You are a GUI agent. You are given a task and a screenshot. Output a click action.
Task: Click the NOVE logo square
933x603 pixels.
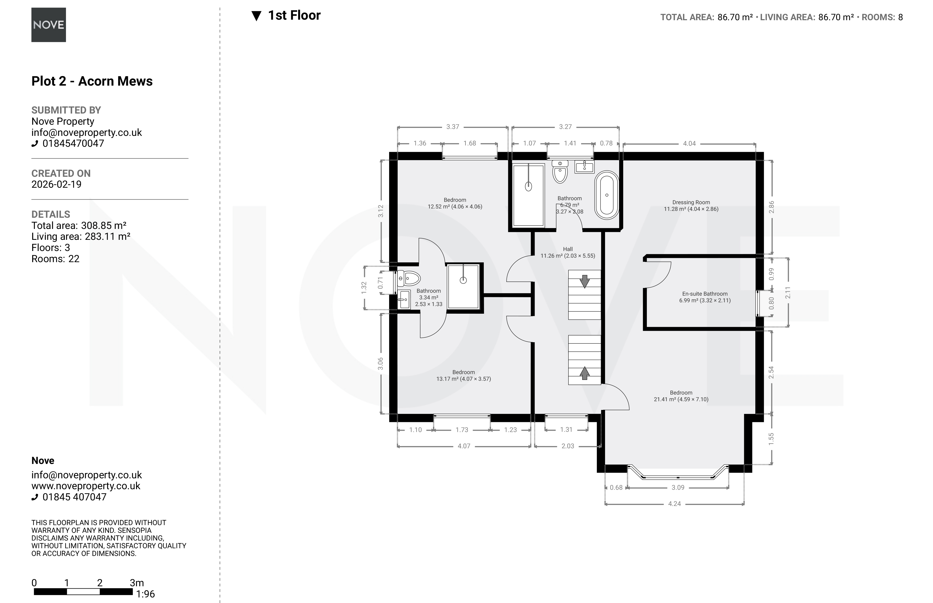pos(49,25)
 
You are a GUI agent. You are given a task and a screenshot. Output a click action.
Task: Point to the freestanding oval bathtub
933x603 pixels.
pos(606,195)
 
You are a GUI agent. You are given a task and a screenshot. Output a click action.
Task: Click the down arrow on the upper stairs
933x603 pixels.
pos(584,281)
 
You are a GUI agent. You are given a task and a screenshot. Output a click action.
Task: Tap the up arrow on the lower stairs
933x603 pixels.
pos(584,373)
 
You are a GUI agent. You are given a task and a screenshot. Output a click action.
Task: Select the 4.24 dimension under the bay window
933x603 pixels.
pos(674,504)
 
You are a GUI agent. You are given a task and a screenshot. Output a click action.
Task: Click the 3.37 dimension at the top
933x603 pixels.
pos(452,127)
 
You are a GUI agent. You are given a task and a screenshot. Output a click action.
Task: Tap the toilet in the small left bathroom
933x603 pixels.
pos(409,278)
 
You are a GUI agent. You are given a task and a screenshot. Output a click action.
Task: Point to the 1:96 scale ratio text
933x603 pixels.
pos(145,594)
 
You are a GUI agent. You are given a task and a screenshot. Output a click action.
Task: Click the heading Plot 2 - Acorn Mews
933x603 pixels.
pos(92,81)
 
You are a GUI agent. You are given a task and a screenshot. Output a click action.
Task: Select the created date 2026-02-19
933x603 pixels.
pos(56,185)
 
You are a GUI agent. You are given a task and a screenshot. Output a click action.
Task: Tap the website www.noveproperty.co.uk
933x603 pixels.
pos(86,486)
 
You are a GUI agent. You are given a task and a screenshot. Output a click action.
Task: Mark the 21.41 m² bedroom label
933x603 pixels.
pos(681,396)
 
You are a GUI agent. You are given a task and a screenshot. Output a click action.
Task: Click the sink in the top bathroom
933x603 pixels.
pos(584,166)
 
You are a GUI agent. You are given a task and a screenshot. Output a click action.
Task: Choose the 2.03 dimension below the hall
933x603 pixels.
pos(568,446)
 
